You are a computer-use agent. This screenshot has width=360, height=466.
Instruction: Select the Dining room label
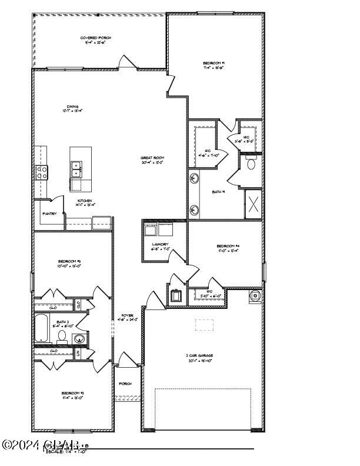(x=73, y=107)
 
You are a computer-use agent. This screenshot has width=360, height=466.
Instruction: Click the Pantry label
(x=49, y=214)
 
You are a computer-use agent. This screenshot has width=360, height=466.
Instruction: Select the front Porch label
(x=125, y=384)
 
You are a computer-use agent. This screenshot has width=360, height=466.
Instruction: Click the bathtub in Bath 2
(x=43, y=329)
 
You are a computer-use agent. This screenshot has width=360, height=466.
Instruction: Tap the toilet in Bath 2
(x=61, y=337)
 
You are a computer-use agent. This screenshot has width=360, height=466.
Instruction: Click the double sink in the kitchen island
(x=76, y=170)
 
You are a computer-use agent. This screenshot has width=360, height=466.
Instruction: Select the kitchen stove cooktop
(x=42, y=172)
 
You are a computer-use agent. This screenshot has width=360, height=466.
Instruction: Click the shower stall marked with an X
(x=254, y=204)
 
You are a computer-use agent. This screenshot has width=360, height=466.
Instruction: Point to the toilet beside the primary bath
(x=251, y=163)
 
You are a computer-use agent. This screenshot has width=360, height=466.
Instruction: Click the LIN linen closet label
(x=78, y=353)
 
